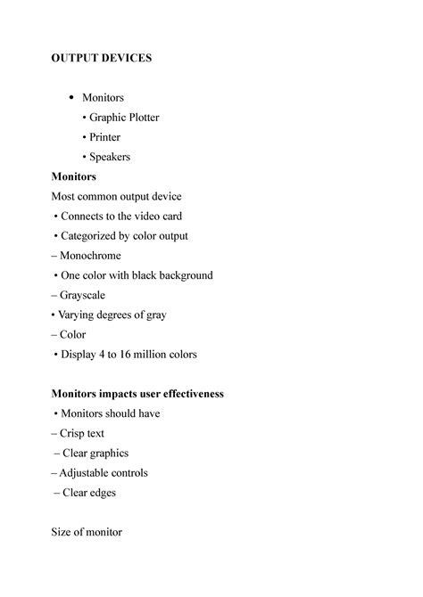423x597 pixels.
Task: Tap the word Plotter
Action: click(140, 118)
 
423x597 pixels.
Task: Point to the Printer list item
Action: click(104, 137)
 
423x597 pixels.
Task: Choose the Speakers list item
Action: click(110, 157)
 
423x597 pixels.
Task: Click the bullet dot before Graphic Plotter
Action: click(85, 118)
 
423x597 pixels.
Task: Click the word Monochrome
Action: click(90, 256)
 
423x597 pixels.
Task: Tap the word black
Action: click(147, 275)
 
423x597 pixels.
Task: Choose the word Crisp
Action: click(74, 434)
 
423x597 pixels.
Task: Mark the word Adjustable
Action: click(87, 473)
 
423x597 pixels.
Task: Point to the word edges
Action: click(101, 493)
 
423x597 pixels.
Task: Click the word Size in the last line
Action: click(62, 532)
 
